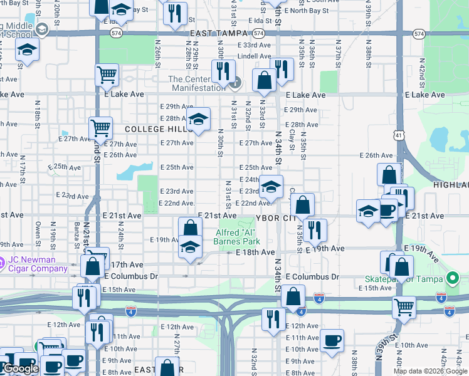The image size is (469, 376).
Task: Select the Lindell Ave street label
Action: tap(254, 56)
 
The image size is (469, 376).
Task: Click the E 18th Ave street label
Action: tap(255, 252)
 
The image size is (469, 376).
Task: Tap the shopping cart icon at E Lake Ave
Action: tap(107, 75)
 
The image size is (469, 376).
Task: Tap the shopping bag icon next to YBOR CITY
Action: tap(302, 204)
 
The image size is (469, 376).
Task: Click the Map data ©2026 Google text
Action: tap(430, 371)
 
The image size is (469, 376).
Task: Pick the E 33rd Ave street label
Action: tap(257, 46)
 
